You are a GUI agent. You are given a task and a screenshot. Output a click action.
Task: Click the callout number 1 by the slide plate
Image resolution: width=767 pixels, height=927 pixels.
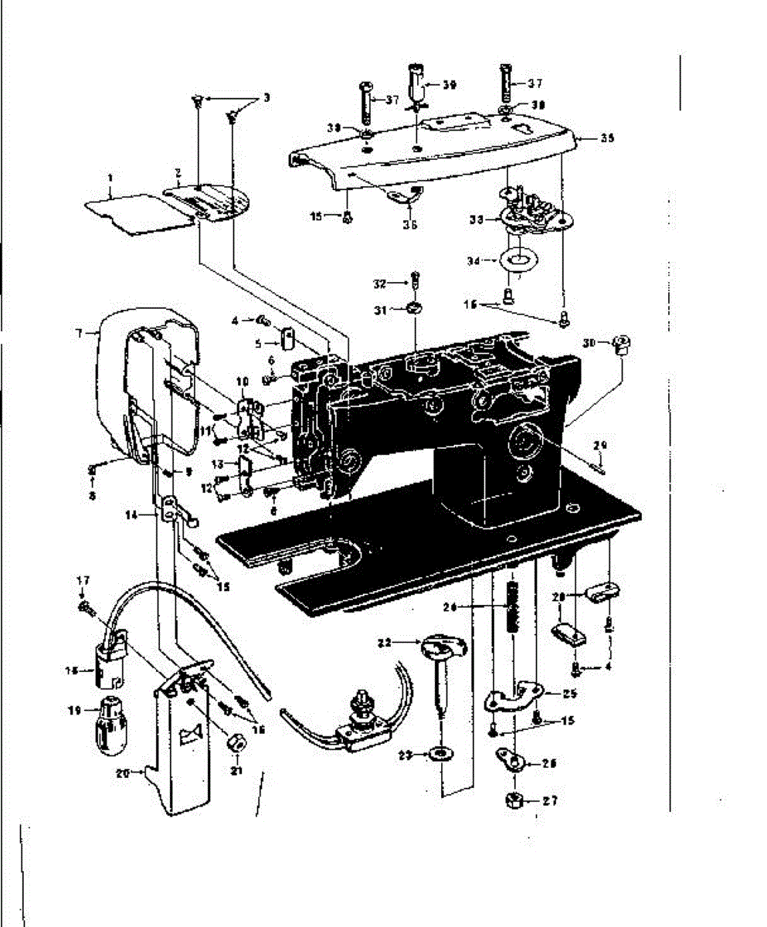[110, 177]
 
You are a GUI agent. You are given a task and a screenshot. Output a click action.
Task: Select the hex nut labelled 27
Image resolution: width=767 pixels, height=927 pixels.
[514, 800]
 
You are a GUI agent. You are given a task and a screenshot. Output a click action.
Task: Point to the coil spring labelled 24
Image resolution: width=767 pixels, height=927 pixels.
[511, 606]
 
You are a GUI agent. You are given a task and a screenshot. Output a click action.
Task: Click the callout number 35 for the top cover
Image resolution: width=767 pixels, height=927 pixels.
[607, 138]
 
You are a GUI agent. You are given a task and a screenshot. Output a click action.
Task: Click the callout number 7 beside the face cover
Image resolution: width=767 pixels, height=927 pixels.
[79, 333]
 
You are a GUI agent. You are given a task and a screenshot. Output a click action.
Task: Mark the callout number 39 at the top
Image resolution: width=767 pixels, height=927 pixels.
[449, 85]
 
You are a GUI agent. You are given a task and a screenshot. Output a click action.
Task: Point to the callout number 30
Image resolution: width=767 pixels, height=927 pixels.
[589, 342]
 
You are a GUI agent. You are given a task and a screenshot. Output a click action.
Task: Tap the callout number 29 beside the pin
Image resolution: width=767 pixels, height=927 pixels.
[600, 445]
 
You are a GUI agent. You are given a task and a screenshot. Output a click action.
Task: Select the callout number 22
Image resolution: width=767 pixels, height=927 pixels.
[384, 642]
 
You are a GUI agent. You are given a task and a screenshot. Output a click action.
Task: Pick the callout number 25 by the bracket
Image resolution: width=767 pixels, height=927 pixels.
[569, 693]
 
